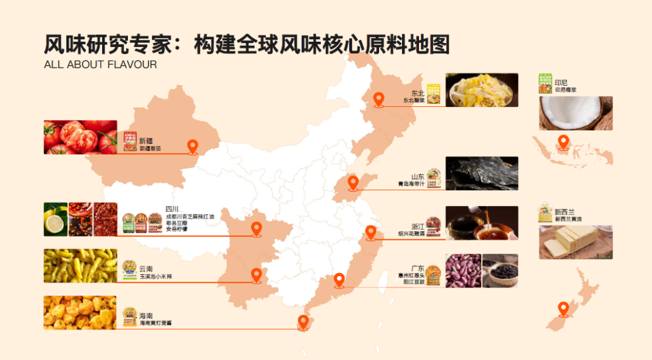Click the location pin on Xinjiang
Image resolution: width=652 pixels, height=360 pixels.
click(x=193, y=146)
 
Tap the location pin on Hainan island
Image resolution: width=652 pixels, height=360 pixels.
click(x=303, y=321)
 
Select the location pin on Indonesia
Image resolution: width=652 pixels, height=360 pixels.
click(x=563, y=142)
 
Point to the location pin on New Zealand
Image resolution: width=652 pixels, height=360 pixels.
click(x=563, y=308)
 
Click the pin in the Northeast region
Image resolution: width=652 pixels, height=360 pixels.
click(x=379, y=99)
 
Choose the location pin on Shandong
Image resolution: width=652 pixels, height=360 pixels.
click(x=353, y=182)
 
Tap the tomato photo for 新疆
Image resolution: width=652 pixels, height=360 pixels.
click(x=80, y=137)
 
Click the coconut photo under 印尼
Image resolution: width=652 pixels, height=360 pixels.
click(x=575, y=113)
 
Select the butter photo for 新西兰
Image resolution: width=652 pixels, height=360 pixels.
click(x=575, y=242)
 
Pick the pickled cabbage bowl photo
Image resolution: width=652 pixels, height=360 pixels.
click(x=482, y=90)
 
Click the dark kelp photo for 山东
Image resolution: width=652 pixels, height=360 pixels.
click(x=482, y=173)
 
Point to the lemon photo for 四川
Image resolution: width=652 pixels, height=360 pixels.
click(x=56, y=219)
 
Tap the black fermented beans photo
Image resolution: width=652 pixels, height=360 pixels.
click(x=500, y=271)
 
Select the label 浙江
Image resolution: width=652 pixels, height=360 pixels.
click(x=418, y=227)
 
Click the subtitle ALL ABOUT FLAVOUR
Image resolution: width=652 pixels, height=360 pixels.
click(x=100, y=65)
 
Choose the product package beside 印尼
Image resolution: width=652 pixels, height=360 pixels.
click(x=545, y=83)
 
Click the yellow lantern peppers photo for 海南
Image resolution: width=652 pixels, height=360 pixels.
click(x=80, y=312)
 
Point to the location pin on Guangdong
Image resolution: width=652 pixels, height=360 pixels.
click(x=339, y=280)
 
